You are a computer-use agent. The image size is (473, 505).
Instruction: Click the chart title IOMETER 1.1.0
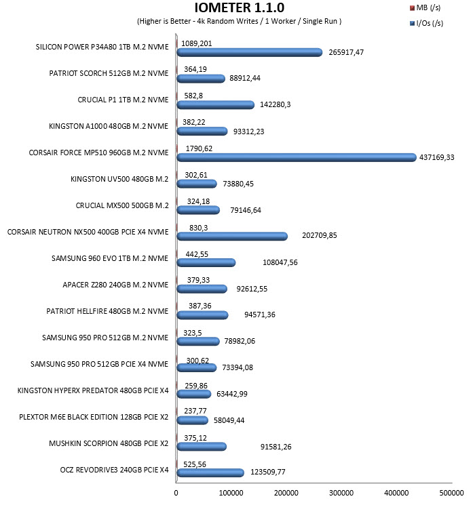240,7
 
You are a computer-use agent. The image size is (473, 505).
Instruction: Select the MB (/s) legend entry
425,7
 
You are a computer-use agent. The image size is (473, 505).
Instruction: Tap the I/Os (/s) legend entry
426,23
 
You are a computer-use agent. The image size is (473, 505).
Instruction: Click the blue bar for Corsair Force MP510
297,157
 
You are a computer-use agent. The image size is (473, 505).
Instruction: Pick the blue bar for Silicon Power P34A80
250,52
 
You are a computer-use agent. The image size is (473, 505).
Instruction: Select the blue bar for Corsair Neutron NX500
232,236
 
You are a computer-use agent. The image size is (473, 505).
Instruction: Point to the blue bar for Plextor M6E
193,420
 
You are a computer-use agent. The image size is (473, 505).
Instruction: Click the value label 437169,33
436,157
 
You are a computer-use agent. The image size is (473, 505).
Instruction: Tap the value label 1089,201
197,43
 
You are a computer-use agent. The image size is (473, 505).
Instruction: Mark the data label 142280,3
275,104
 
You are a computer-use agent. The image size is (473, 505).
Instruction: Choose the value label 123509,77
268,472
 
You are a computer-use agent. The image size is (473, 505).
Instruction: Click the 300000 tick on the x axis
341,493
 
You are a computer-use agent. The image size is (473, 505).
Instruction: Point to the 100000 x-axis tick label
231,493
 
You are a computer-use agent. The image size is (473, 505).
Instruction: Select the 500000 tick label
451,493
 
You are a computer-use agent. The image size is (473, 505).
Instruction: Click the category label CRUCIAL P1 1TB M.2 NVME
123,100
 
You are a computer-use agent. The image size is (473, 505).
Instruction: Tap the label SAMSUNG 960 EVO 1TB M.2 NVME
110,258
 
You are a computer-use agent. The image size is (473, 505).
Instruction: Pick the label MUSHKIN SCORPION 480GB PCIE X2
109,443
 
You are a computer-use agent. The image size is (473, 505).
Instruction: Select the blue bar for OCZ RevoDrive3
210,472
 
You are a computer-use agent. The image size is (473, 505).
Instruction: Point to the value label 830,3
199,228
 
